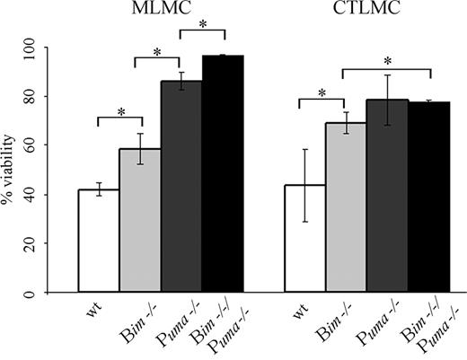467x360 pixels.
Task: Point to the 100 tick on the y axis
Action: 50,47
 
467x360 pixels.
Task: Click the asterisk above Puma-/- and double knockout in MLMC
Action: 202,24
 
